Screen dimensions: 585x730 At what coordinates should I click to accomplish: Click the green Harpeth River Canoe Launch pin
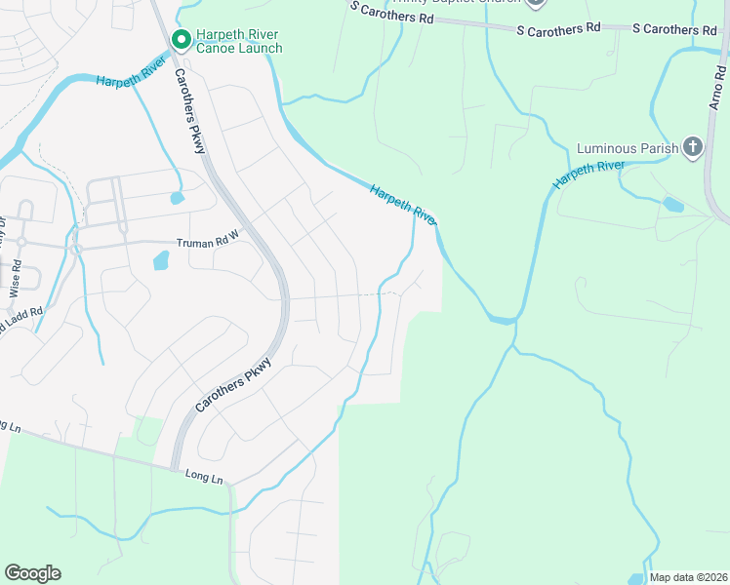coord(181,40)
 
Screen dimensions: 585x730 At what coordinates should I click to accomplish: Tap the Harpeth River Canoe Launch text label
coord(239,41)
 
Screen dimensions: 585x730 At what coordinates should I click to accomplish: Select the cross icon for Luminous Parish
coord(693,148)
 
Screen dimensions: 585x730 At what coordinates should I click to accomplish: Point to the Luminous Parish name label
coord(628,148)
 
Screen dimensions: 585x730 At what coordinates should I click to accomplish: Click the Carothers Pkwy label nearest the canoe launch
coord(189,110)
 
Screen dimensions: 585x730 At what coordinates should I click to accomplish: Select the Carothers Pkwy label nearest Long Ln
coord(232,385)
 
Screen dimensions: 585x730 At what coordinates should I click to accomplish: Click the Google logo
coord(32,573)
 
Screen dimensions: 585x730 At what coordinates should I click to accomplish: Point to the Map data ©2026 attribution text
coord(688,577)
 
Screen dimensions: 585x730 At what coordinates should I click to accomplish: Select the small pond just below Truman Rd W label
coord(161,260)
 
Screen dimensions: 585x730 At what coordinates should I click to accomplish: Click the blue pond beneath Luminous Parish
coord(672,205)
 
